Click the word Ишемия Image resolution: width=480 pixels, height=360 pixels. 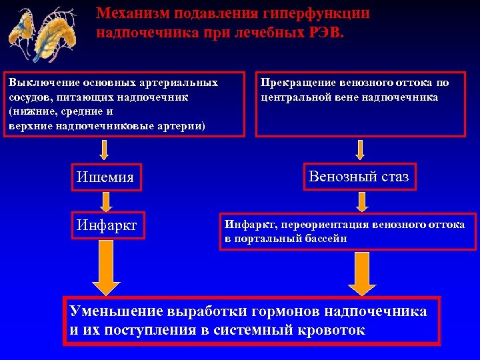[105, 178]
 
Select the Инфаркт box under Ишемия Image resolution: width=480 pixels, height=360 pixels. [107, 225]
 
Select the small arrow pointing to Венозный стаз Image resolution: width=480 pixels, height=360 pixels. [360, 149]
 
